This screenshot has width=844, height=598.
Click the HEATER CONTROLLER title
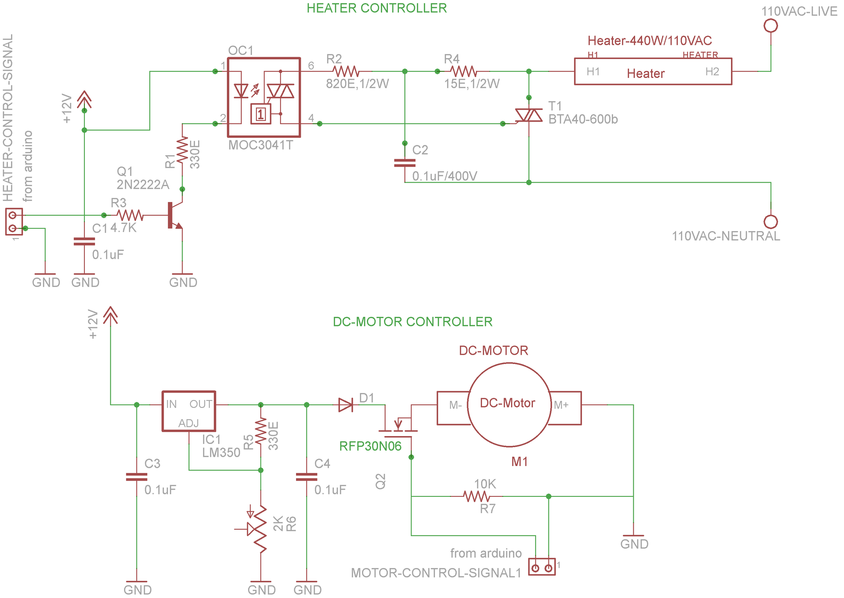(376, 8)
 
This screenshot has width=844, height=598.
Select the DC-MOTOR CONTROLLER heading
(412, 322)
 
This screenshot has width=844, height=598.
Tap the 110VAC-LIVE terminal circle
(771, 26)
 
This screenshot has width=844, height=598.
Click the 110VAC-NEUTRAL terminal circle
(771, 221)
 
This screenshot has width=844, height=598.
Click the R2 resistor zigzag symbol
(346, 71)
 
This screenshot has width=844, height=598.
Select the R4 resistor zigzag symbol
(464, 71)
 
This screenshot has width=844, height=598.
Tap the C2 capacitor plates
(405, 163)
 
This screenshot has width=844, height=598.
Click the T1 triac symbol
(529, 115)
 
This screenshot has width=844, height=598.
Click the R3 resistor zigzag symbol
(130, 215)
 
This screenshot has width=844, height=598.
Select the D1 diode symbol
(346, 405)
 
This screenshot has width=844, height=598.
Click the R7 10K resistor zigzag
(476, 496)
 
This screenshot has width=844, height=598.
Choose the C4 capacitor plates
(307, 477)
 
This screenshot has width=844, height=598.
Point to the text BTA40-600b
(583, 119)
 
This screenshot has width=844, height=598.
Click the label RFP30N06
(370, 446)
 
